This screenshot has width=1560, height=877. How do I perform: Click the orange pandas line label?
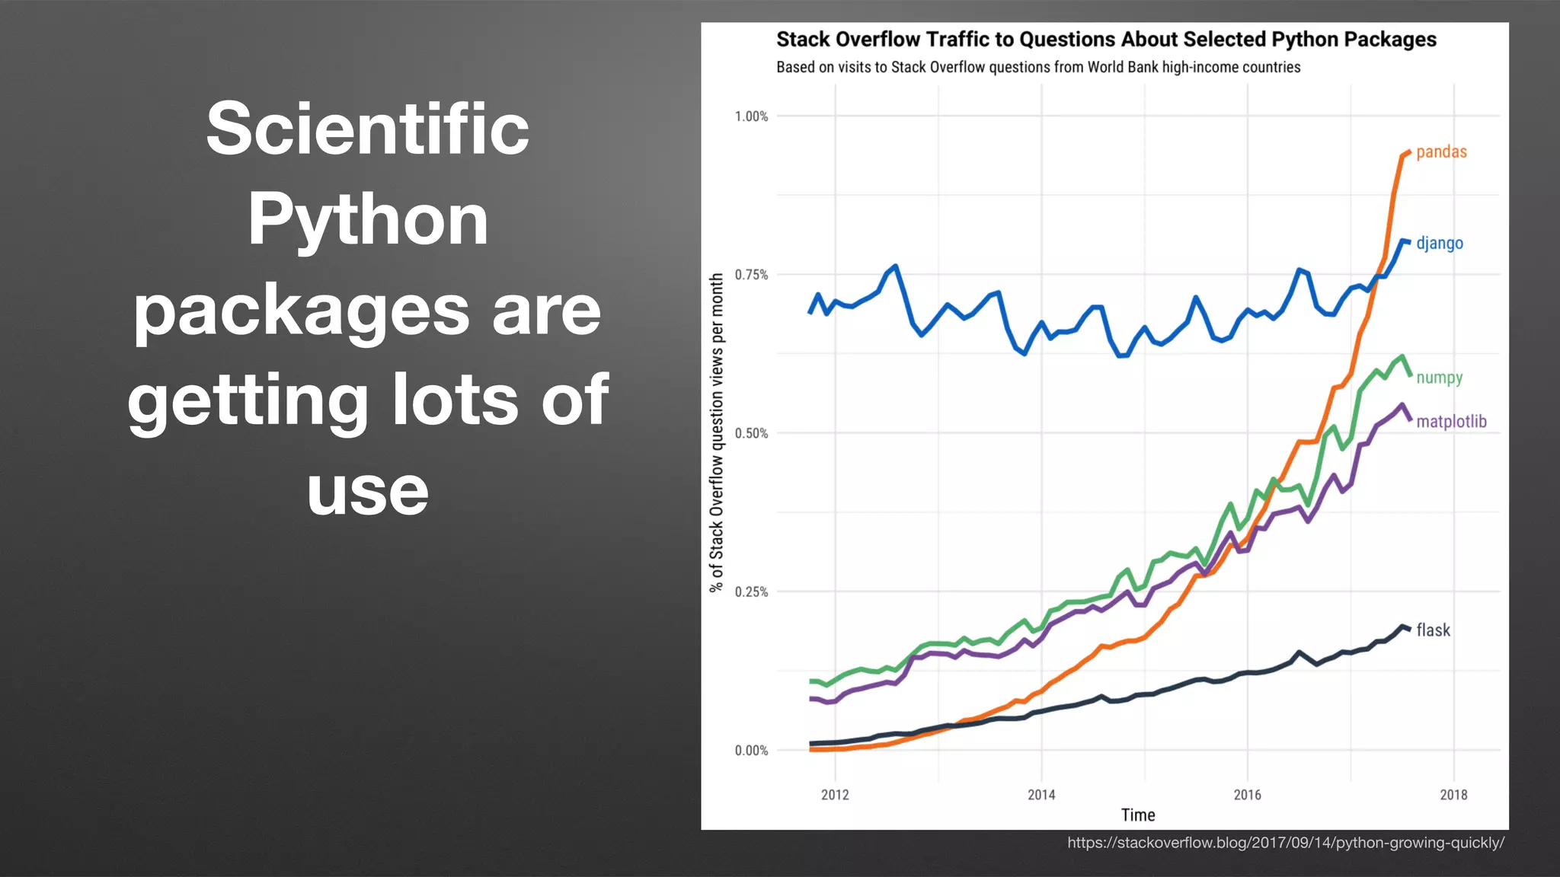pos(1440,152)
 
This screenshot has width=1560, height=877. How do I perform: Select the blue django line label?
pos(1439,244)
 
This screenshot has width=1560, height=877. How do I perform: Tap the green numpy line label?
pos(1439,378)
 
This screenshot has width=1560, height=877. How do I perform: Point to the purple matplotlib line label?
pos(1450,422)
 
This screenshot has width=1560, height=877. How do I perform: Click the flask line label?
pos(1433,630)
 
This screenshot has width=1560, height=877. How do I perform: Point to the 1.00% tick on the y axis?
pos(751,116)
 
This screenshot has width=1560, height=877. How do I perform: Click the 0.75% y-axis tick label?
pos(751,275)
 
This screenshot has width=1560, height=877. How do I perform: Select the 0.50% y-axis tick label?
pos(751,434)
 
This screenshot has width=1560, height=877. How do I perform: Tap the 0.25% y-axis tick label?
pos(751,592)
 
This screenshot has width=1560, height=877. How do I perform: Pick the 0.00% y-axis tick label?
pos(751,751)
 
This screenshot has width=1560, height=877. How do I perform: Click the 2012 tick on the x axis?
pos(835,795)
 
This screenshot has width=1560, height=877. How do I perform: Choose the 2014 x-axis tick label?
pos(1041,795)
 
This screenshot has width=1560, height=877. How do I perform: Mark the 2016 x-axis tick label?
pos(1247,795)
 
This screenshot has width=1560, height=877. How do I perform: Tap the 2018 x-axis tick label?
pos(1453,795)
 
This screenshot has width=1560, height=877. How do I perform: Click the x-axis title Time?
pos(1138,815)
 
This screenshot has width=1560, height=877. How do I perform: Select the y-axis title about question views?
pos(716,432)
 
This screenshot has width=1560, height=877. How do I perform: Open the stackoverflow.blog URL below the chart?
pos(1285,843)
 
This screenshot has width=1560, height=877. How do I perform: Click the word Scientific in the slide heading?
pos(367,129)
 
